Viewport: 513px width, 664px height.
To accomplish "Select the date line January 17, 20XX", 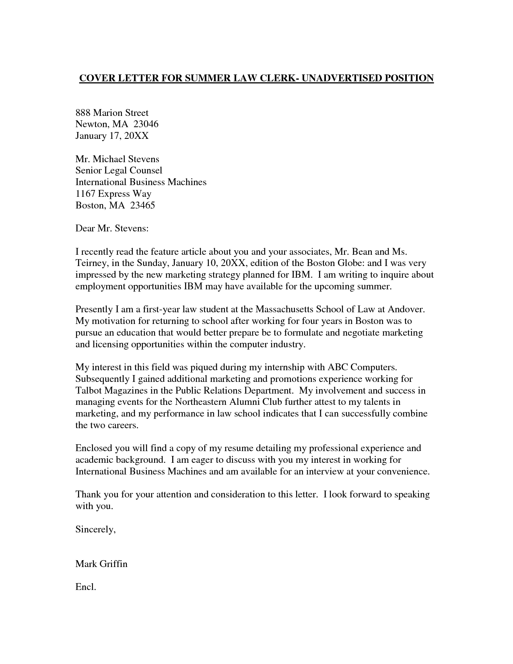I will pyautogui.click(x=112, y=136).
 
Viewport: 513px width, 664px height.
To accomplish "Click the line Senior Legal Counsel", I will pyautogui.click(x=119, y=171).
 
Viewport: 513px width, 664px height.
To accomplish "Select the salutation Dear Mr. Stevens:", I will pyautogui.click(x=112, y=229).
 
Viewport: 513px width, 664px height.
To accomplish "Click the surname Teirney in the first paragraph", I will pyautogui.click(x=90, y=264).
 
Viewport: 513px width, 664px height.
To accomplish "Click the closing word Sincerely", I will pyautogui.click(x=95, y=530).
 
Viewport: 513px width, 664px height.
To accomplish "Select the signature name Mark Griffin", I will pyautogui.click(x=101, y=564).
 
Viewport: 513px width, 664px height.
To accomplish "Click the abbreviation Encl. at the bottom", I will pyautogui.click(x=86, y=587).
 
